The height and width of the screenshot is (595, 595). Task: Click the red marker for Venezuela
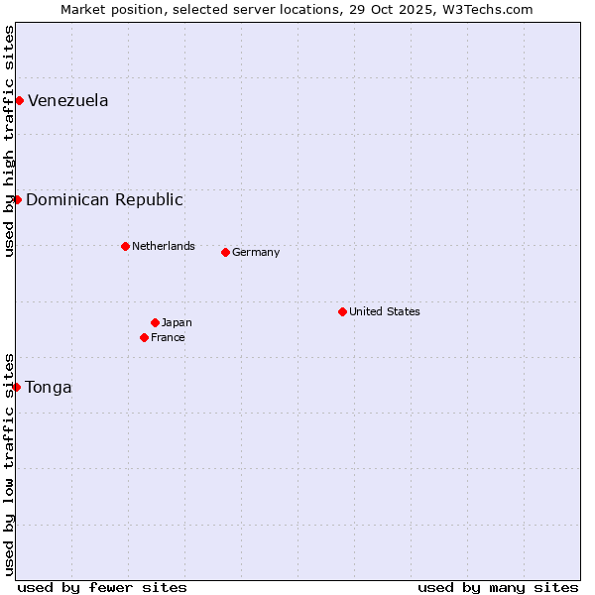(19, 100)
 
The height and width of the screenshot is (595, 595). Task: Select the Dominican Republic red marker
(17, 199)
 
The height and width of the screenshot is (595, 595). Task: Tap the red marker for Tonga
(17, 387)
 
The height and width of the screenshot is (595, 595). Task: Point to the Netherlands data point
(125, 246)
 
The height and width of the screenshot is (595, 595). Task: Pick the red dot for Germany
(225, 252)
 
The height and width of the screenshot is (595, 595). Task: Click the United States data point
(342, 311)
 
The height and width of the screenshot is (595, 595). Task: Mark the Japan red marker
(155, 322)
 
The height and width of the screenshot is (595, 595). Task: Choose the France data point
(145, 337)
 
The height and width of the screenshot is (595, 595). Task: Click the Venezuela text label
(68, 100)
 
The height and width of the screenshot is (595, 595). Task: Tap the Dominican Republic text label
(104, 199)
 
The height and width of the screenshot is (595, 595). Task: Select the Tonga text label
(49, 387)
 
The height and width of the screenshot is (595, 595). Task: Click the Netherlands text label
(164, 246)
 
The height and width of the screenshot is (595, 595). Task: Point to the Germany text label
(256, 252)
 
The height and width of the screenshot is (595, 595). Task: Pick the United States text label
(385, 311)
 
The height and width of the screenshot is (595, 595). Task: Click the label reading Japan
(177, 322)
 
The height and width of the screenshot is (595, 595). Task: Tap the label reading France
(168, 337)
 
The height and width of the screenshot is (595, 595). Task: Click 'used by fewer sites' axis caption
(102, 587)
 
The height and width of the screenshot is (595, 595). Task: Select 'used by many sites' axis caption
(498, 587)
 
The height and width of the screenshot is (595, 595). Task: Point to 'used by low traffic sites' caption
(10, 464)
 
